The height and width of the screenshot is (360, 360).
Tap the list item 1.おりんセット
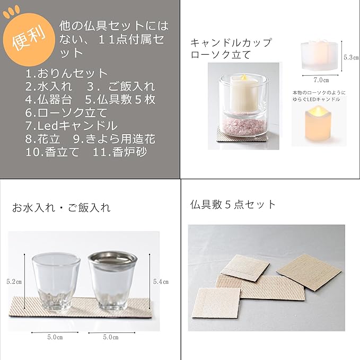(x=66, y=74)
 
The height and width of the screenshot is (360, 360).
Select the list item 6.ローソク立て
(x=66, y=112)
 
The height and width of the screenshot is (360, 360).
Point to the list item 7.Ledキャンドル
(x=71, y=126)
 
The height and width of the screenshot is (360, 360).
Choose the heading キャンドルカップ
(x=231, y=42)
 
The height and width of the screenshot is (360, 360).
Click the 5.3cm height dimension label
(x=350, y=57)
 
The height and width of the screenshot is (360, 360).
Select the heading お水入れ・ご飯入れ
(x=62, y=207)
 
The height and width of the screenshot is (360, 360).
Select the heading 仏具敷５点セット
(x=233, y=204)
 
